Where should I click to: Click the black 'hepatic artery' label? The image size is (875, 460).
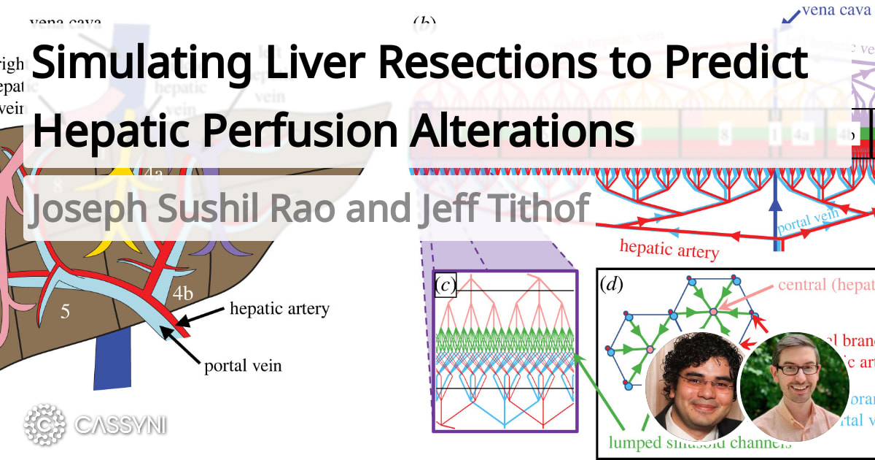(x=279, y=309)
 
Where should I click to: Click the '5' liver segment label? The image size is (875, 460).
(x=65, y=313)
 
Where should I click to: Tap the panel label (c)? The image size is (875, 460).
(x=444, y=285)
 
